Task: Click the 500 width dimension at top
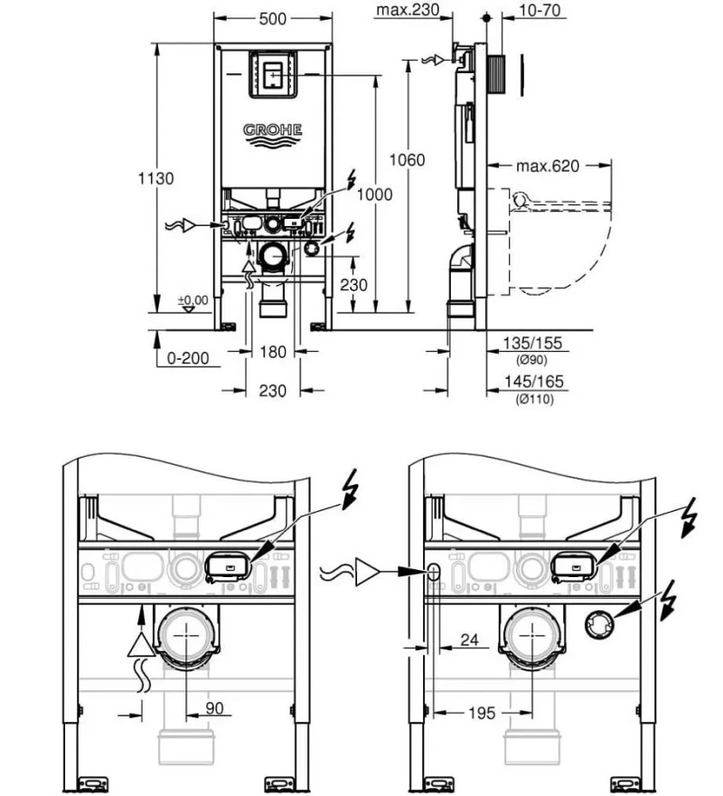[x=273, y=19]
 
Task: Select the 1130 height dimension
[x=155, y=178]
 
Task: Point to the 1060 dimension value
[x=407, y=160]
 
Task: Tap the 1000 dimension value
[x=374, y=194]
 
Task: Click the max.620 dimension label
[x=548, y=166]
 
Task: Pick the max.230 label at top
[x=408, y=10]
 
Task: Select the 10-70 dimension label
[x=540, y=10]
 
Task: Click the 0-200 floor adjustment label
[x=188, y=358]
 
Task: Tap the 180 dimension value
[x=273, y=352]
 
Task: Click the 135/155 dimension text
[x=532, y=343]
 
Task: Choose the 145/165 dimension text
[x=534, y=381]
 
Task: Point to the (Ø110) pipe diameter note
[x=535, y=399]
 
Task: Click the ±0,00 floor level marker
[x=192, y=300]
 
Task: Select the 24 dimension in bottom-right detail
[x=469, y=640]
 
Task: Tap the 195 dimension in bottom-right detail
[x=482, y=714]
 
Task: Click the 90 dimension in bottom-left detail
[x=214, y=708]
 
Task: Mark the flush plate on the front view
[x=273, y=74]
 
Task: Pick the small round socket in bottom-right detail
[x=599, y=624]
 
